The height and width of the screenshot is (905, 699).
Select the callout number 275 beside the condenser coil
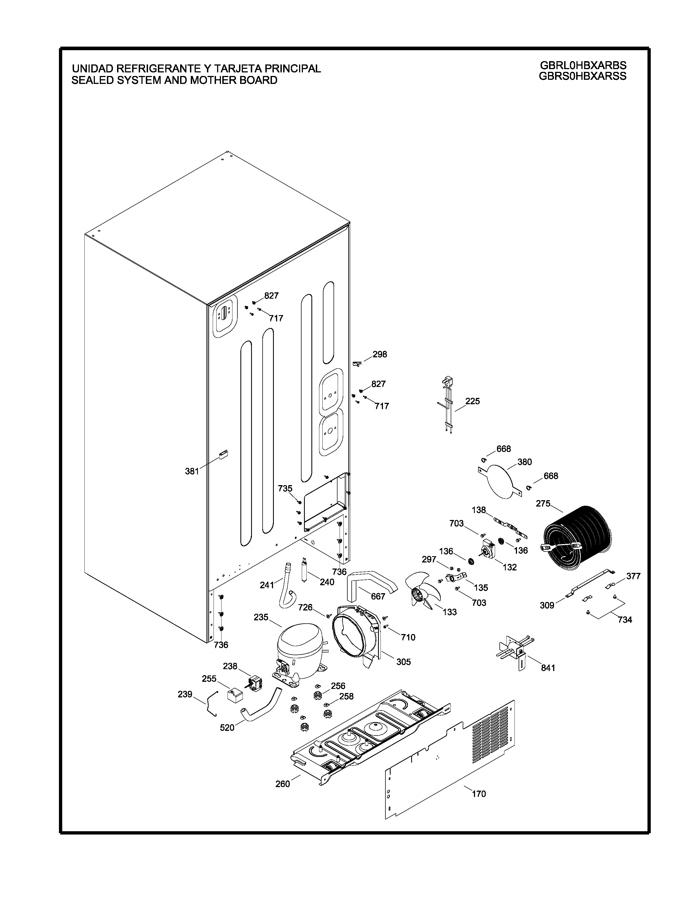point(543,504)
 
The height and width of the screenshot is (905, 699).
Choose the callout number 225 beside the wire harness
point(473,401)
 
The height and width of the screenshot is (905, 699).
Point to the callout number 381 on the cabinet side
point(192,471)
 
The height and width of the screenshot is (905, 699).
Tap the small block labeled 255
point(235,694)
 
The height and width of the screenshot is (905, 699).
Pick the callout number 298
point(380,354)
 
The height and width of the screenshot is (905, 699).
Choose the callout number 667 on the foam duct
point(378,596)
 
